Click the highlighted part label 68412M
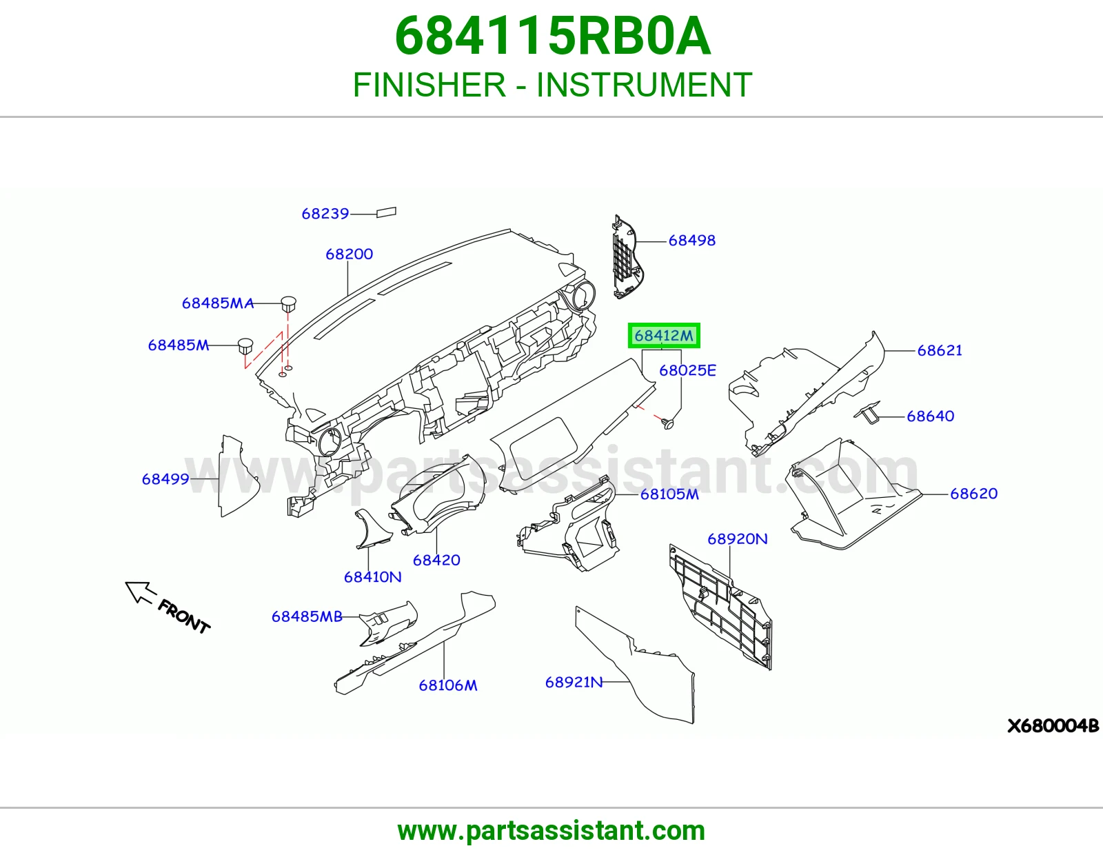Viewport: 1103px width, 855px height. tap(663, 336)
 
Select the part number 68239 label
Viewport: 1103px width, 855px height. tap(325, 214)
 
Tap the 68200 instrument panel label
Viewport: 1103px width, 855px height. tap(349, 254)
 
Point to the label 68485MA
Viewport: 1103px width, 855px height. tap(217, 303)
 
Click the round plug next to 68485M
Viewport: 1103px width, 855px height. tap(245, 346)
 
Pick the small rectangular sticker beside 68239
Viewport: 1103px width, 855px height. tap(386, 212)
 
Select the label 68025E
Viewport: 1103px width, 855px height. tap(687, 371)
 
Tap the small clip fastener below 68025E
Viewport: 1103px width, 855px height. tap(669, 423)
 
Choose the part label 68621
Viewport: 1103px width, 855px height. tap(939, 350)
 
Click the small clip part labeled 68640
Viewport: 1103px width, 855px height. tap(868, 412)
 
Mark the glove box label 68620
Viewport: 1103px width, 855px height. tap(973, 494)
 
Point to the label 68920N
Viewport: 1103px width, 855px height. tap(737, 539)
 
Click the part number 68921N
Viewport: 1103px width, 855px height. tap(574, 682)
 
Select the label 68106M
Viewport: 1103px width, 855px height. tap(447, 685)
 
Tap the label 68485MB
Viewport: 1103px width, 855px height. tap(307, 616)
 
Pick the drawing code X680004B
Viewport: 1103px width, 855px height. tap(1053, 726)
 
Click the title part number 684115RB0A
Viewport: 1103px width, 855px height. tap(552, 37)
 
